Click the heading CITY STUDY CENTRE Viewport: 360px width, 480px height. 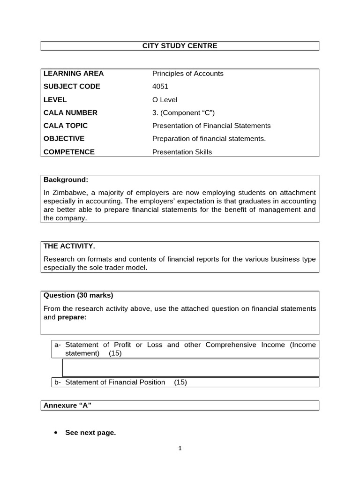click(x=180, y=46)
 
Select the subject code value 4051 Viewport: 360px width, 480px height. click(x=160, y=87)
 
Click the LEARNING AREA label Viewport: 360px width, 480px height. click(x=74, y=74)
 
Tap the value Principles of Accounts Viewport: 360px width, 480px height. click(x=187, y=74)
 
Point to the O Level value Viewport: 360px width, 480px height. click(x=165, y=100)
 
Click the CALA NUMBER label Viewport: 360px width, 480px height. click(x=70, y=112)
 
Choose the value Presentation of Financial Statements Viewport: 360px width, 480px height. click(x=211, y=126)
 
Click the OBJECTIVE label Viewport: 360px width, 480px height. click(x=64, y=139)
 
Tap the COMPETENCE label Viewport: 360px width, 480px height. click(x=69, y=152)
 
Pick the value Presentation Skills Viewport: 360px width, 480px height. click(x=182, y=152)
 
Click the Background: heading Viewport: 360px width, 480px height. click(x=66, y=180)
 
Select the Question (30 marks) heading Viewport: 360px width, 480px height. click(x=78, y=295)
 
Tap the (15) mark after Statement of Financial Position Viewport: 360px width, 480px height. click(x=180, y=382)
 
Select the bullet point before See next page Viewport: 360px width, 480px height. click(x=56, y=433)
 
